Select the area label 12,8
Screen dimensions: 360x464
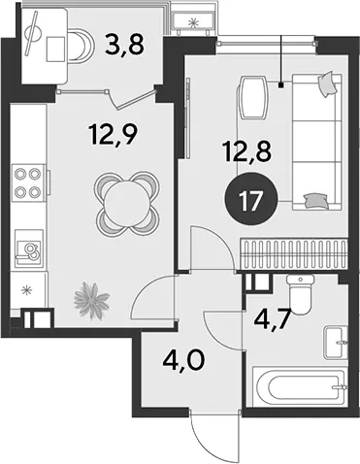(x=246, y=152)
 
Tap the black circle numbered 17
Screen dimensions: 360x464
(x=251, y=200)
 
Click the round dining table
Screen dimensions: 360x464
(x=127, y=202)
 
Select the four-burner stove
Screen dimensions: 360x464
(x=28, y=183)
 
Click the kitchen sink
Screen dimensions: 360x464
(x=29, y=249)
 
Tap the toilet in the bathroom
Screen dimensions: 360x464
(x=301, y=294)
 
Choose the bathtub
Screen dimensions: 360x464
(x=300, y=386)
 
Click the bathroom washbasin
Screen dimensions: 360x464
(x=336, y=343)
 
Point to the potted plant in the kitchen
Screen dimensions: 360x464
(x=90, y=300)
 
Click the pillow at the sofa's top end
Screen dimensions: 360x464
(x=327, y=83)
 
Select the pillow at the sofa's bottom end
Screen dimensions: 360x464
(x=315, y=200)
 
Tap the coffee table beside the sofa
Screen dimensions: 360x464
(x=253, y=97)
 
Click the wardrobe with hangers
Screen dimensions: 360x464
(x=294, y=253)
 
